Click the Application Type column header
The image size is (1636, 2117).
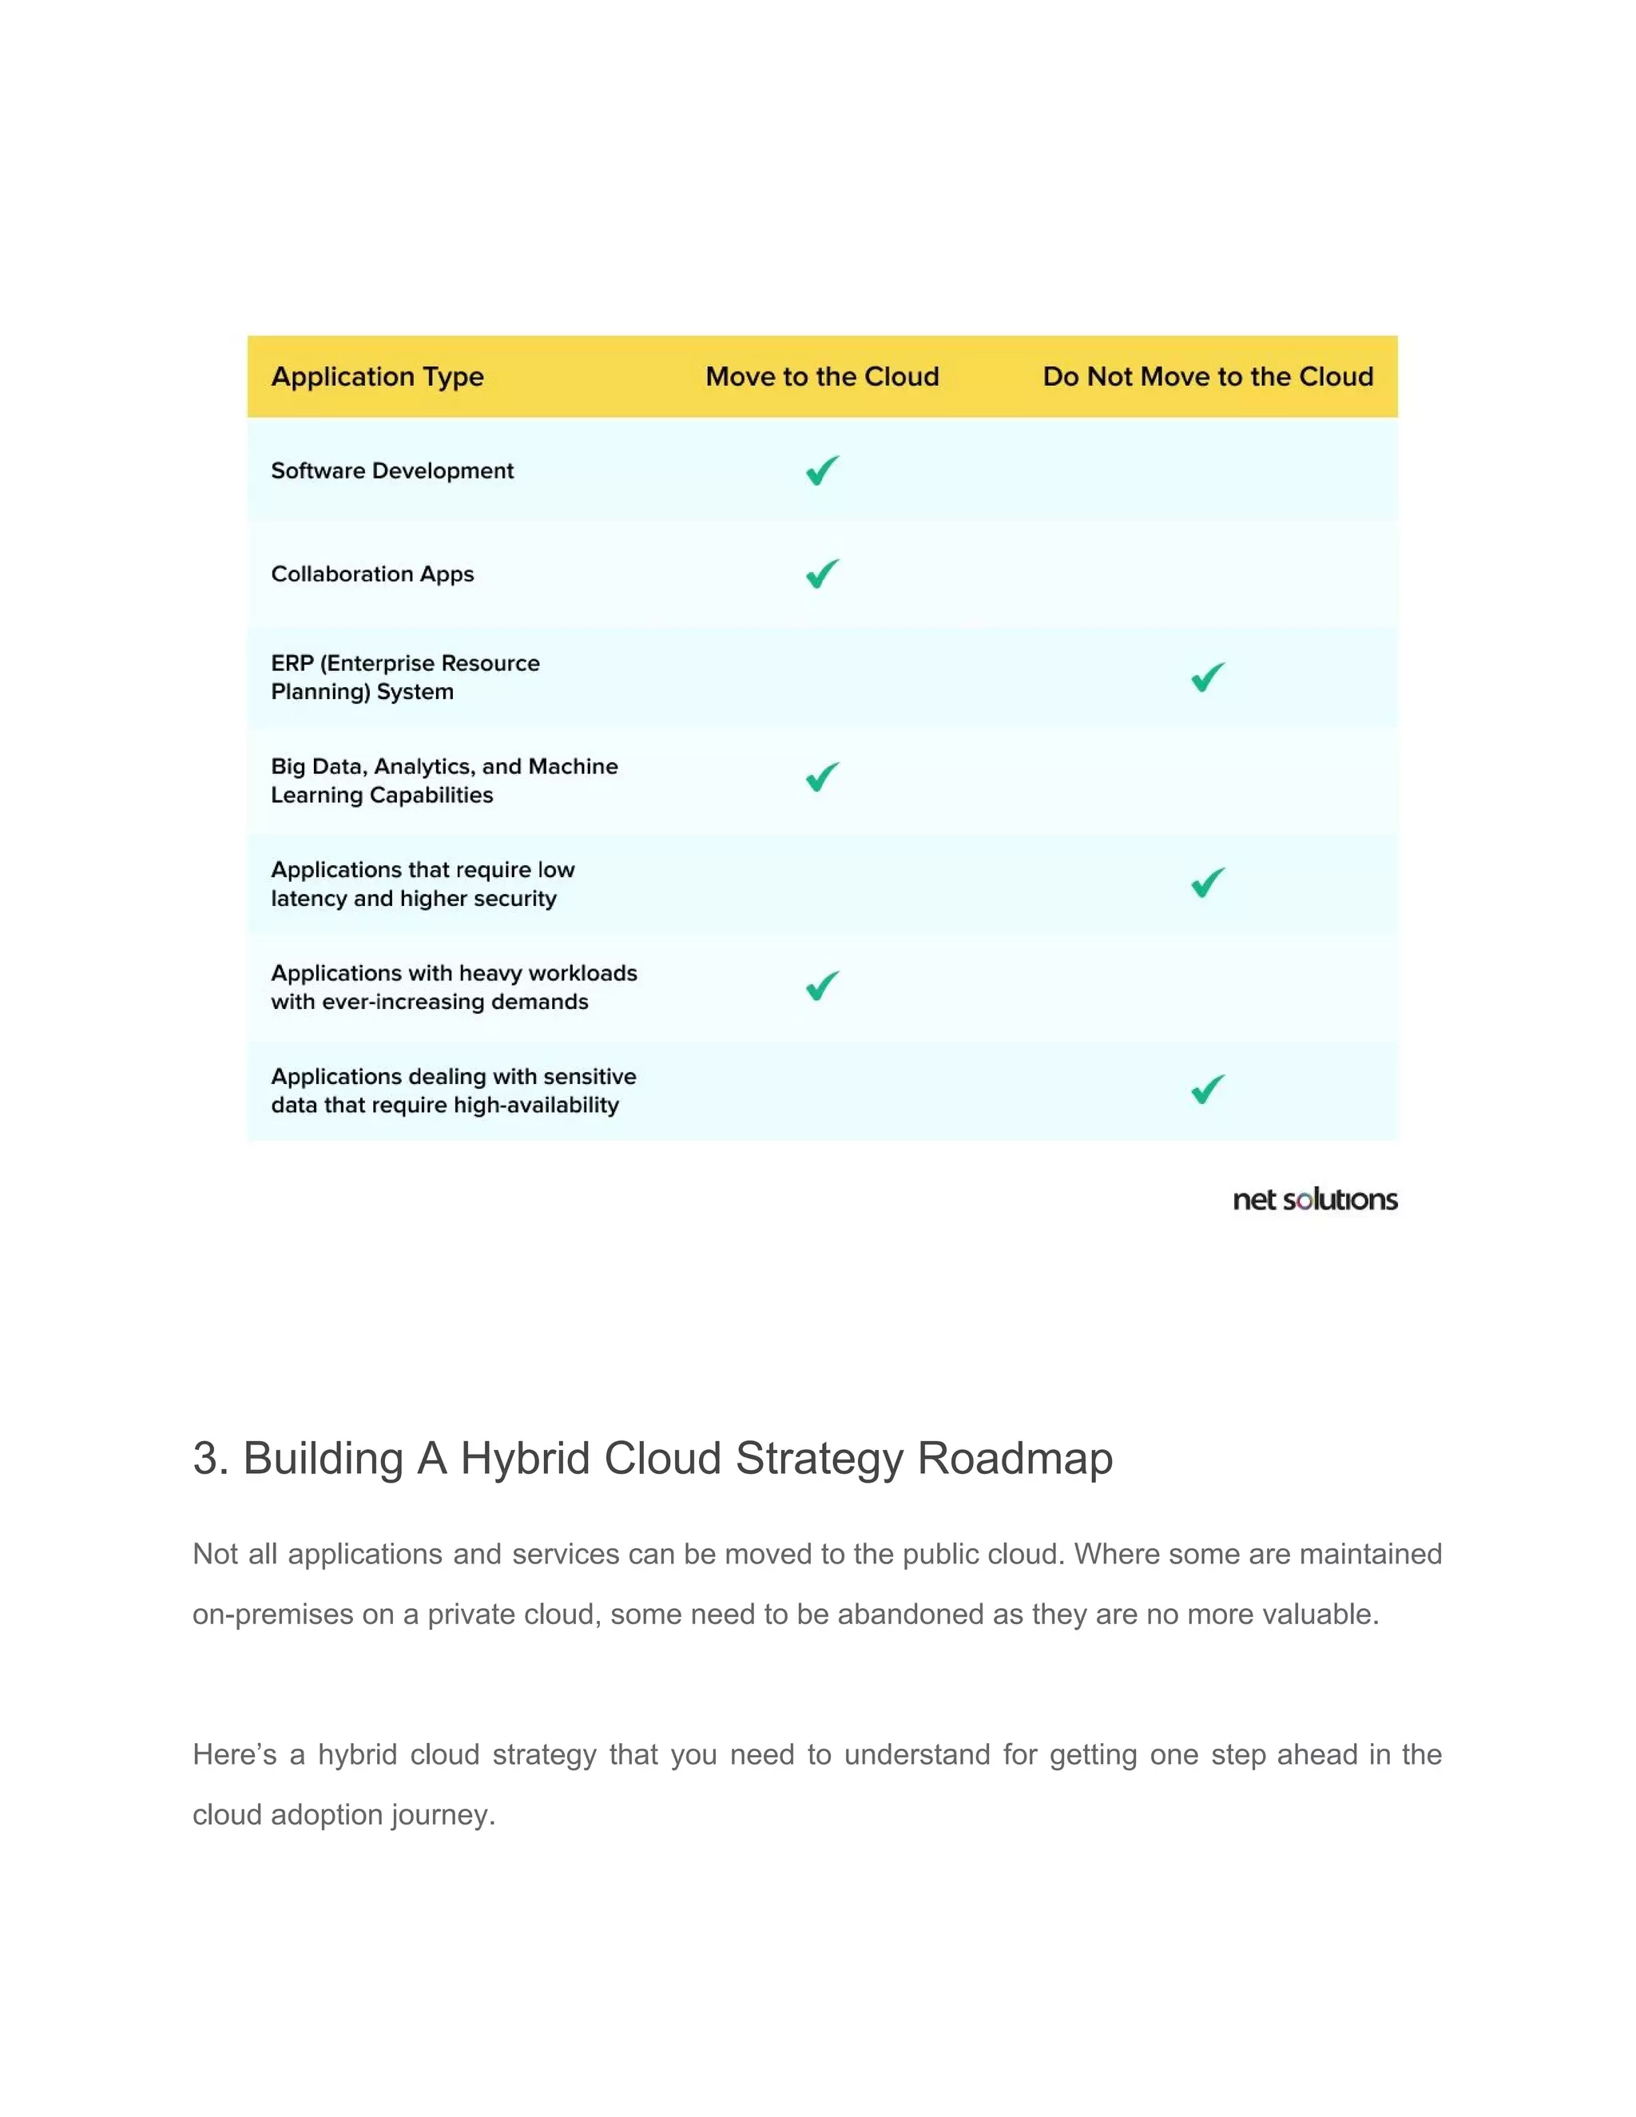[x=377, y=376]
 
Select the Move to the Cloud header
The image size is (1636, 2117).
[x=822, y=376]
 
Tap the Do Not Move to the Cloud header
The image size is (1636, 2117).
[x=1208, y=376]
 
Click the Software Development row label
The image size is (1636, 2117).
[x=392, y=471]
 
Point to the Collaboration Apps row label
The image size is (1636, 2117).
[x=372, y=574]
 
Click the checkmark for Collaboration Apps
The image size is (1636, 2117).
[x=822, y=574]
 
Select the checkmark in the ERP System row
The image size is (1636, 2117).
[x=1208, y=677]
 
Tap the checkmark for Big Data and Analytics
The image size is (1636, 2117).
[x=822, y=776]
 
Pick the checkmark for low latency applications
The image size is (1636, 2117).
[x=1208, y=882]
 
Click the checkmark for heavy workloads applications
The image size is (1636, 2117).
[x=822, y=986]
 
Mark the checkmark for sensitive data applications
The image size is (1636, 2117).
[x=1208, y=1090]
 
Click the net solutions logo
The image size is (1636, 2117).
[x=1314, y=1200]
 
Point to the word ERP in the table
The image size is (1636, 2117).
[x=292, y=663]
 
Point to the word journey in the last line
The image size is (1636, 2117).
[x=443, y=1814]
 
